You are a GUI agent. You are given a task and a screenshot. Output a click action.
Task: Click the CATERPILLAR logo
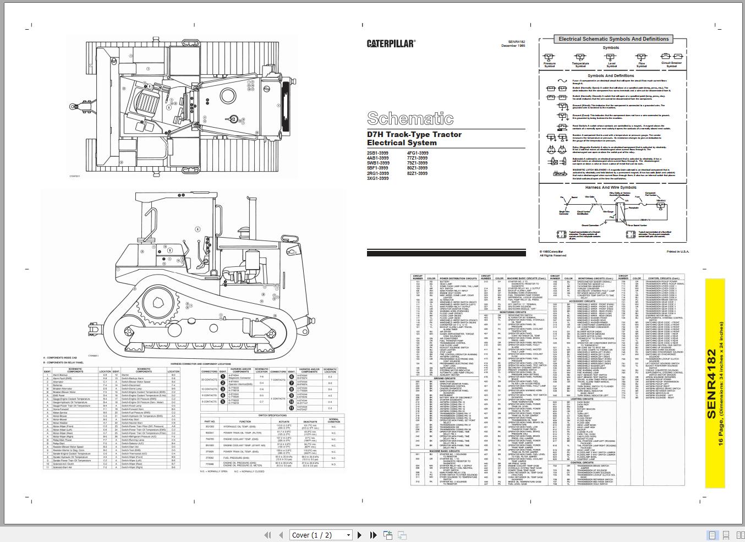(x=391, y=43)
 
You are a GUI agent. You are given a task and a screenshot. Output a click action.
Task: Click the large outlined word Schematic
(x=410, y=118)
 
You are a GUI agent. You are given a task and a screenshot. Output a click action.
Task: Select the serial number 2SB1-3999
(x=377, y=153)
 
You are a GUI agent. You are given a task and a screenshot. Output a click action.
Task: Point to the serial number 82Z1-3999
(x=417, y=173)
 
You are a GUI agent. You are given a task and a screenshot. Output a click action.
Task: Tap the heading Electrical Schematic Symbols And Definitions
(x=613, y=39)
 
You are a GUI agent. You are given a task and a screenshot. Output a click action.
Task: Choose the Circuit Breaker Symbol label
(x=671, y=65)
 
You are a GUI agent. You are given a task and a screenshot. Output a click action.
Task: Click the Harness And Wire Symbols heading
(x=611, y=187)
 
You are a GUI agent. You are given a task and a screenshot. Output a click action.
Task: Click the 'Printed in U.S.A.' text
(x=677, y=251)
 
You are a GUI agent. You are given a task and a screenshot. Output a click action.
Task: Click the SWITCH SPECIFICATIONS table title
(x=272, y=415)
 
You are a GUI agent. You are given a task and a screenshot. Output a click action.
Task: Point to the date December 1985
(x=513, y=46)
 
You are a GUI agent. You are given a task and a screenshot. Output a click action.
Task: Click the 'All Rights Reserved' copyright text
(x=552, y=255)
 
